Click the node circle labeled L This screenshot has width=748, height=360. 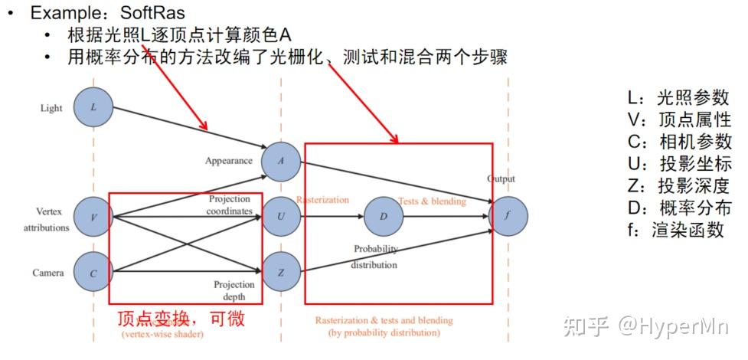(93, 107)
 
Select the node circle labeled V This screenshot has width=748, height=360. (93, 217)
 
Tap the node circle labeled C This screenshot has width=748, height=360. (93, 273)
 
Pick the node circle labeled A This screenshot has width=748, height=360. (281, 161)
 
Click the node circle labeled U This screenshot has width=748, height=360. (281, 217)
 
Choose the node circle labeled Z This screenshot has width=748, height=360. (281, 273)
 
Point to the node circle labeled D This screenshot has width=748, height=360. (384, 217)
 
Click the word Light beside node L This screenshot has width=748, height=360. (51, 108)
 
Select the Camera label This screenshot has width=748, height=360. (48, 273)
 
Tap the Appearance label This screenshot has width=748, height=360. (228, 161)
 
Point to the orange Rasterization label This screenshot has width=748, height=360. (322, 201)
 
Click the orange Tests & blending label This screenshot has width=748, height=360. (431, 201)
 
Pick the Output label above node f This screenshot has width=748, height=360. (501, 179)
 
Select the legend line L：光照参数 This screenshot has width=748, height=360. (678, 98)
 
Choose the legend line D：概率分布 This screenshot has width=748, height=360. (678, 208)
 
